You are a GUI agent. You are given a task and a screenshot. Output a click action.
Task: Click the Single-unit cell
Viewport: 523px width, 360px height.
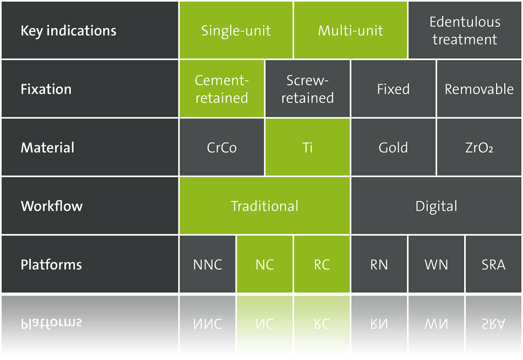click(236, 30)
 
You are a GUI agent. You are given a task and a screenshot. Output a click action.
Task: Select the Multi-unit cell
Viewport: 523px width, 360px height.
click(350, 30)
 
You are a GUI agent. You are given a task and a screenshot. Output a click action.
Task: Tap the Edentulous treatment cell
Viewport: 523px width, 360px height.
click(465, 30)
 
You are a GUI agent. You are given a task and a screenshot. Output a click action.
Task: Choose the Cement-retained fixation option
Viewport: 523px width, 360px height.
click(221, 89)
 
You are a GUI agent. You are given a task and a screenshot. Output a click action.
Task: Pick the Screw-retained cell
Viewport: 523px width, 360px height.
click(307, 89)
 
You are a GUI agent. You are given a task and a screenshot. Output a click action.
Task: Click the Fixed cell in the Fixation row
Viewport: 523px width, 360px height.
click(393, 89)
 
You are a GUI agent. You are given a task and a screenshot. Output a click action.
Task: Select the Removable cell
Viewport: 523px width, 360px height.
click(479, 89)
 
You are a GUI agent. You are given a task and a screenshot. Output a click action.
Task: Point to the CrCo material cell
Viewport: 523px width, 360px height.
click(221, 147)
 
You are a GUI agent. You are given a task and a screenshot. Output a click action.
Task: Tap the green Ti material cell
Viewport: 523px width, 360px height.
click(307, 147)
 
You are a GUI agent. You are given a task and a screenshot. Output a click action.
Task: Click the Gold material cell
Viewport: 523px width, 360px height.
click(393, 147)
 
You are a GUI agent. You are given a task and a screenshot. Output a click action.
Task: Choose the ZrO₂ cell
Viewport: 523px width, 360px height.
click(479, 147)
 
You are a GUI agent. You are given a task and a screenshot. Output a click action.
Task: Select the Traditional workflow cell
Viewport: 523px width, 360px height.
click(264, 205)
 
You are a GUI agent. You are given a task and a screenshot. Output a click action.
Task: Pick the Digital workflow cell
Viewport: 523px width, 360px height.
click(436, 205)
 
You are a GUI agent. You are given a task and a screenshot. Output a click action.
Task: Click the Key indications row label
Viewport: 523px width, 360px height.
click(68, 31)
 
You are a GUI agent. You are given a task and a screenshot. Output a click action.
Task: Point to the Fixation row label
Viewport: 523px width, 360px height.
click(46, 89)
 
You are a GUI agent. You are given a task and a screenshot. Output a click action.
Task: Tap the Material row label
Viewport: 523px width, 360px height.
click(47, 148)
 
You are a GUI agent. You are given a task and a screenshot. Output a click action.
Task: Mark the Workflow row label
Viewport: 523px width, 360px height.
click(52, 206)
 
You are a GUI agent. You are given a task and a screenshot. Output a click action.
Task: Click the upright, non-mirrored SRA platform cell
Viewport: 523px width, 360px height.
click(493, 264)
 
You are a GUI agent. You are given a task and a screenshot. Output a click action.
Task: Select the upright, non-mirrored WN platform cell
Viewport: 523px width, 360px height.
click(436, 264)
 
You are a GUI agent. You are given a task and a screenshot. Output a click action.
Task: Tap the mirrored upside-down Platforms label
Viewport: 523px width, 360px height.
click(51, 323)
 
